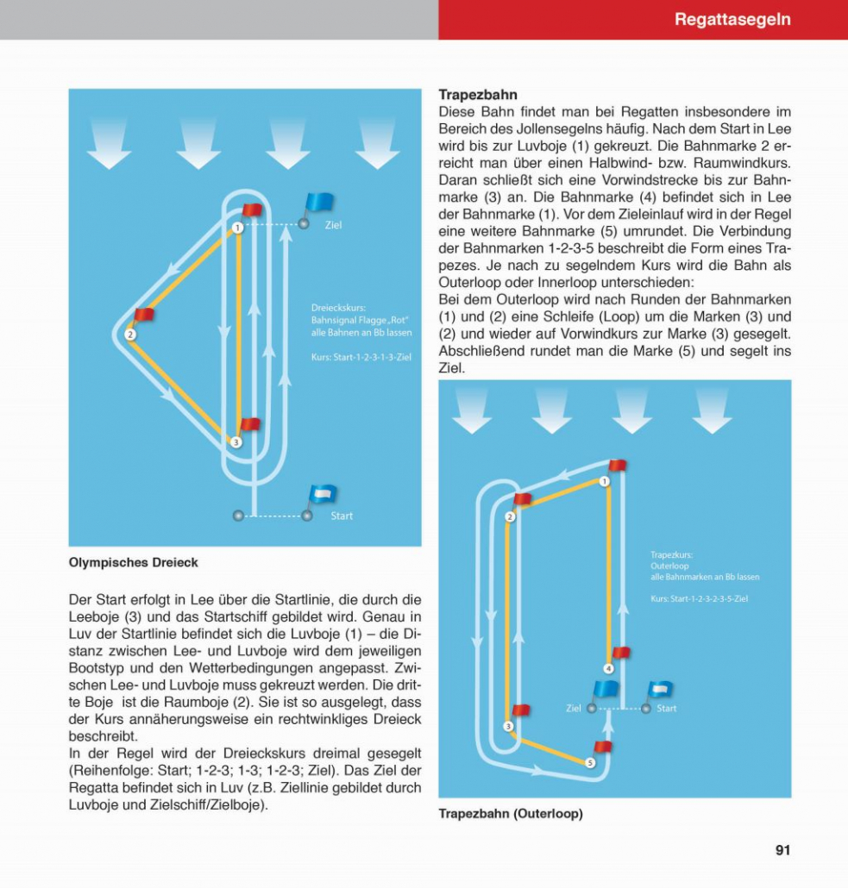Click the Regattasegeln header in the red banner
tap(732, 19)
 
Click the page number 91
tap(782, 850)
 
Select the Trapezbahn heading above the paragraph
tap(477, 95)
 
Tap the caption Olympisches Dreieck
tap(133, 563)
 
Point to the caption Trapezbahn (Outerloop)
tap(510, 814)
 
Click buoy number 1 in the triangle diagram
tap(237, 228)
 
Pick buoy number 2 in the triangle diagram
tap(130, 335)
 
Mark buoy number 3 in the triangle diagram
tap(236, 441)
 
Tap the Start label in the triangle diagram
tap(342, 516)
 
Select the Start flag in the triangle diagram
tap(323, 495)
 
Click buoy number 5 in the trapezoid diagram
tap(590, 762)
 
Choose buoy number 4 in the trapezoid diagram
tap(608, 668)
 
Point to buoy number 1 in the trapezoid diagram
tap(605, 481)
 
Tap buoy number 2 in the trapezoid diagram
tap(510, 516)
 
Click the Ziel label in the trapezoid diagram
tap(573, 709)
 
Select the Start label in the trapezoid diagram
tap(666, 709)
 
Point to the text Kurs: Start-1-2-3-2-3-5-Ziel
tap(699, 598)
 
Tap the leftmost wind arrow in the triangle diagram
tap(109, 143)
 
